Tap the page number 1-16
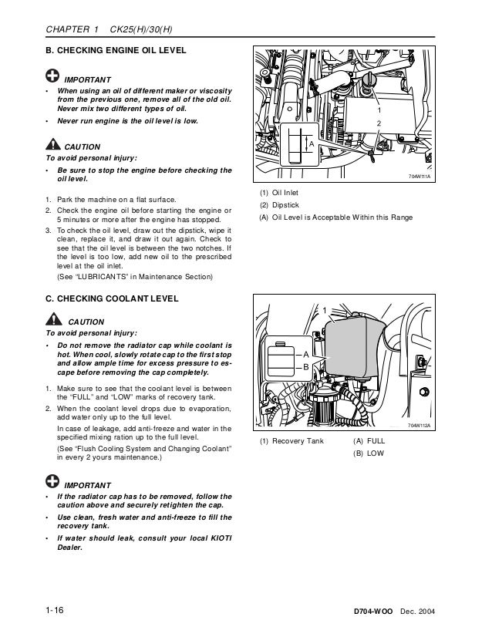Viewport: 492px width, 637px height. pyautogui.click(x=53, y=611)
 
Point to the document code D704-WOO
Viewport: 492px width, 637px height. pyautogui.click(x=369, y=612)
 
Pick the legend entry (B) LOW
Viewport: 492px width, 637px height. pyautogui.click(x=367, y=453)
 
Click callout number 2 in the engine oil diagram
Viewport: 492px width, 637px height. pyautogui.click(x=379, y=123)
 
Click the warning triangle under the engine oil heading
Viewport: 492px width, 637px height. pyautogui.click(x=51, y=144)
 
